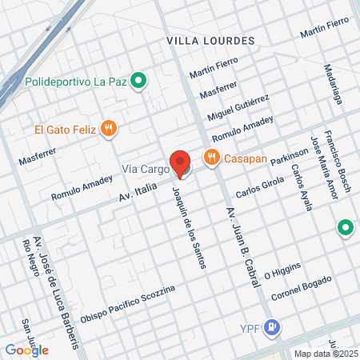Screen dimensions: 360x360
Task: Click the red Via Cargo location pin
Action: [x=181, y=163]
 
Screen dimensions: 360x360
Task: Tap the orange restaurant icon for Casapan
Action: [x=211, y=158]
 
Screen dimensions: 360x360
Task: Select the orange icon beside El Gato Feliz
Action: [x=110, y=128]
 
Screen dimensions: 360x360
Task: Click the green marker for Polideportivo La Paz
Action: [x=138, y=81]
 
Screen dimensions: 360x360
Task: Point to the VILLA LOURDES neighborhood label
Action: [x=210, y=40]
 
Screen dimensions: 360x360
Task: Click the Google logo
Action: [x=26, y=350]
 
